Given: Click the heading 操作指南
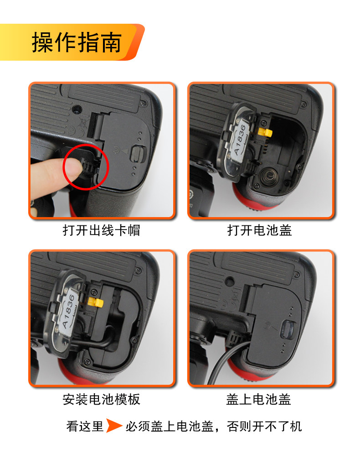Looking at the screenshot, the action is (x=77, y=42).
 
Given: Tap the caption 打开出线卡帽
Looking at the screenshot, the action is (x=101, y=230).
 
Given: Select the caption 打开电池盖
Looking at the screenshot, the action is (x=260, y=230).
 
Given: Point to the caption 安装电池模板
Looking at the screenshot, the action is (x=101, y=399).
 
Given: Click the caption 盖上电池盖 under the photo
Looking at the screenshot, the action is (x=258, y=399).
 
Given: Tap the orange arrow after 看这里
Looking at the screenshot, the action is (x=113, y=426).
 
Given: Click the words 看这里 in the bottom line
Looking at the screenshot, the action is (x=85, y=426).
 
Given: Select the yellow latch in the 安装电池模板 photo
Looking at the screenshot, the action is (x=96, y=302).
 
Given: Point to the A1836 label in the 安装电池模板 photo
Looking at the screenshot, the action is (x=68, y=311).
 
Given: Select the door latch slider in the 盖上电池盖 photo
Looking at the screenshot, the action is (x=288, y=330).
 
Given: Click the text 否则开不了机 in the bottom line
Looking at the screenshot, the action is (x=264, y=426).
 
